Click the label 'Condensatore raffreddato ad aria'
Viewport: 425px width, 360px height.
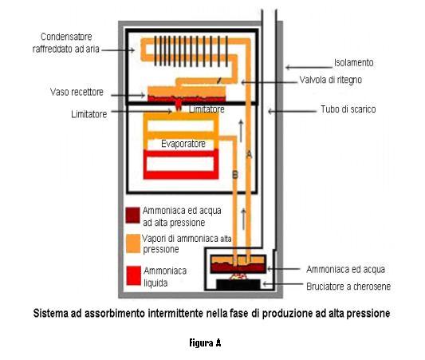(x=66, y=43)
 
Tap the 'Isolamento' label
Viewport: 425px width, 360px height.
(x=354, y=63)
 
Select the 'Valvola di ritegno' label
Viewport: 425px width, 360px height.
(x=331, y=80)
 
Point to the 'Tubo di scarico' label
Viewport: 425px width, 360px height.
(x=348, y=109)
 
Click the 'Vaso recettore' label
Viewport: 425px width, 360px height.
(x=77, y=92)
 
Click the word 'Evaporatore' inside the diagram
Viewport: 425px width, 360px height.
(x=183, y=144)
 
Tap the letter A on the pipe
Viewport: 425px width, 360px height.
(x=249, y=155)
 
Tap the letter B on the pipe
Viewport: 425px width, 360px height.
(x=235, y=175)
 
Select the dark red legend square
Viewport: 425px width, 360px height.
(x=133, y=216)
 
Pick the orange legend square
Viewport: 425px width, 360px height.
(x=133, y=243)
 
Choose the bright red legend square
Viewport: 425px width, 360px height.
(x=134, y=275)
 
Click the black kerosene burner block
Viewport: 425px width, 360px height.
(x=238, y=284)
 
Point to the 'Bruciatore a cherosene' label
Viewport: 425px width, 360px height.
(x=348, y=287)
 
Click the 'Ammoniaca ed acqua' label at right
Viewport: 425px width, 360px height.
(x=345, y=269)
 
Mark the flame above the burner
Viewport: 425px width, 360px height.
(x=238, y=276)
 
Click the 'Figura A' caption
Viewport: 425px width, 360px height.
(x=205, y=343)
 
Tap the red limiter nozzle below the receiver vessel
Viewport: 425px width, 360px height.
(x=178, y=105)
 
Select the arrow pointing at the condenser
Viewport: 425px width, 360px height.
(x=118, y=50)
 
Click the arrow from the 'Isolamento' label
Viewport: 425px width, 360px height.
(x=309, y=67)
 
